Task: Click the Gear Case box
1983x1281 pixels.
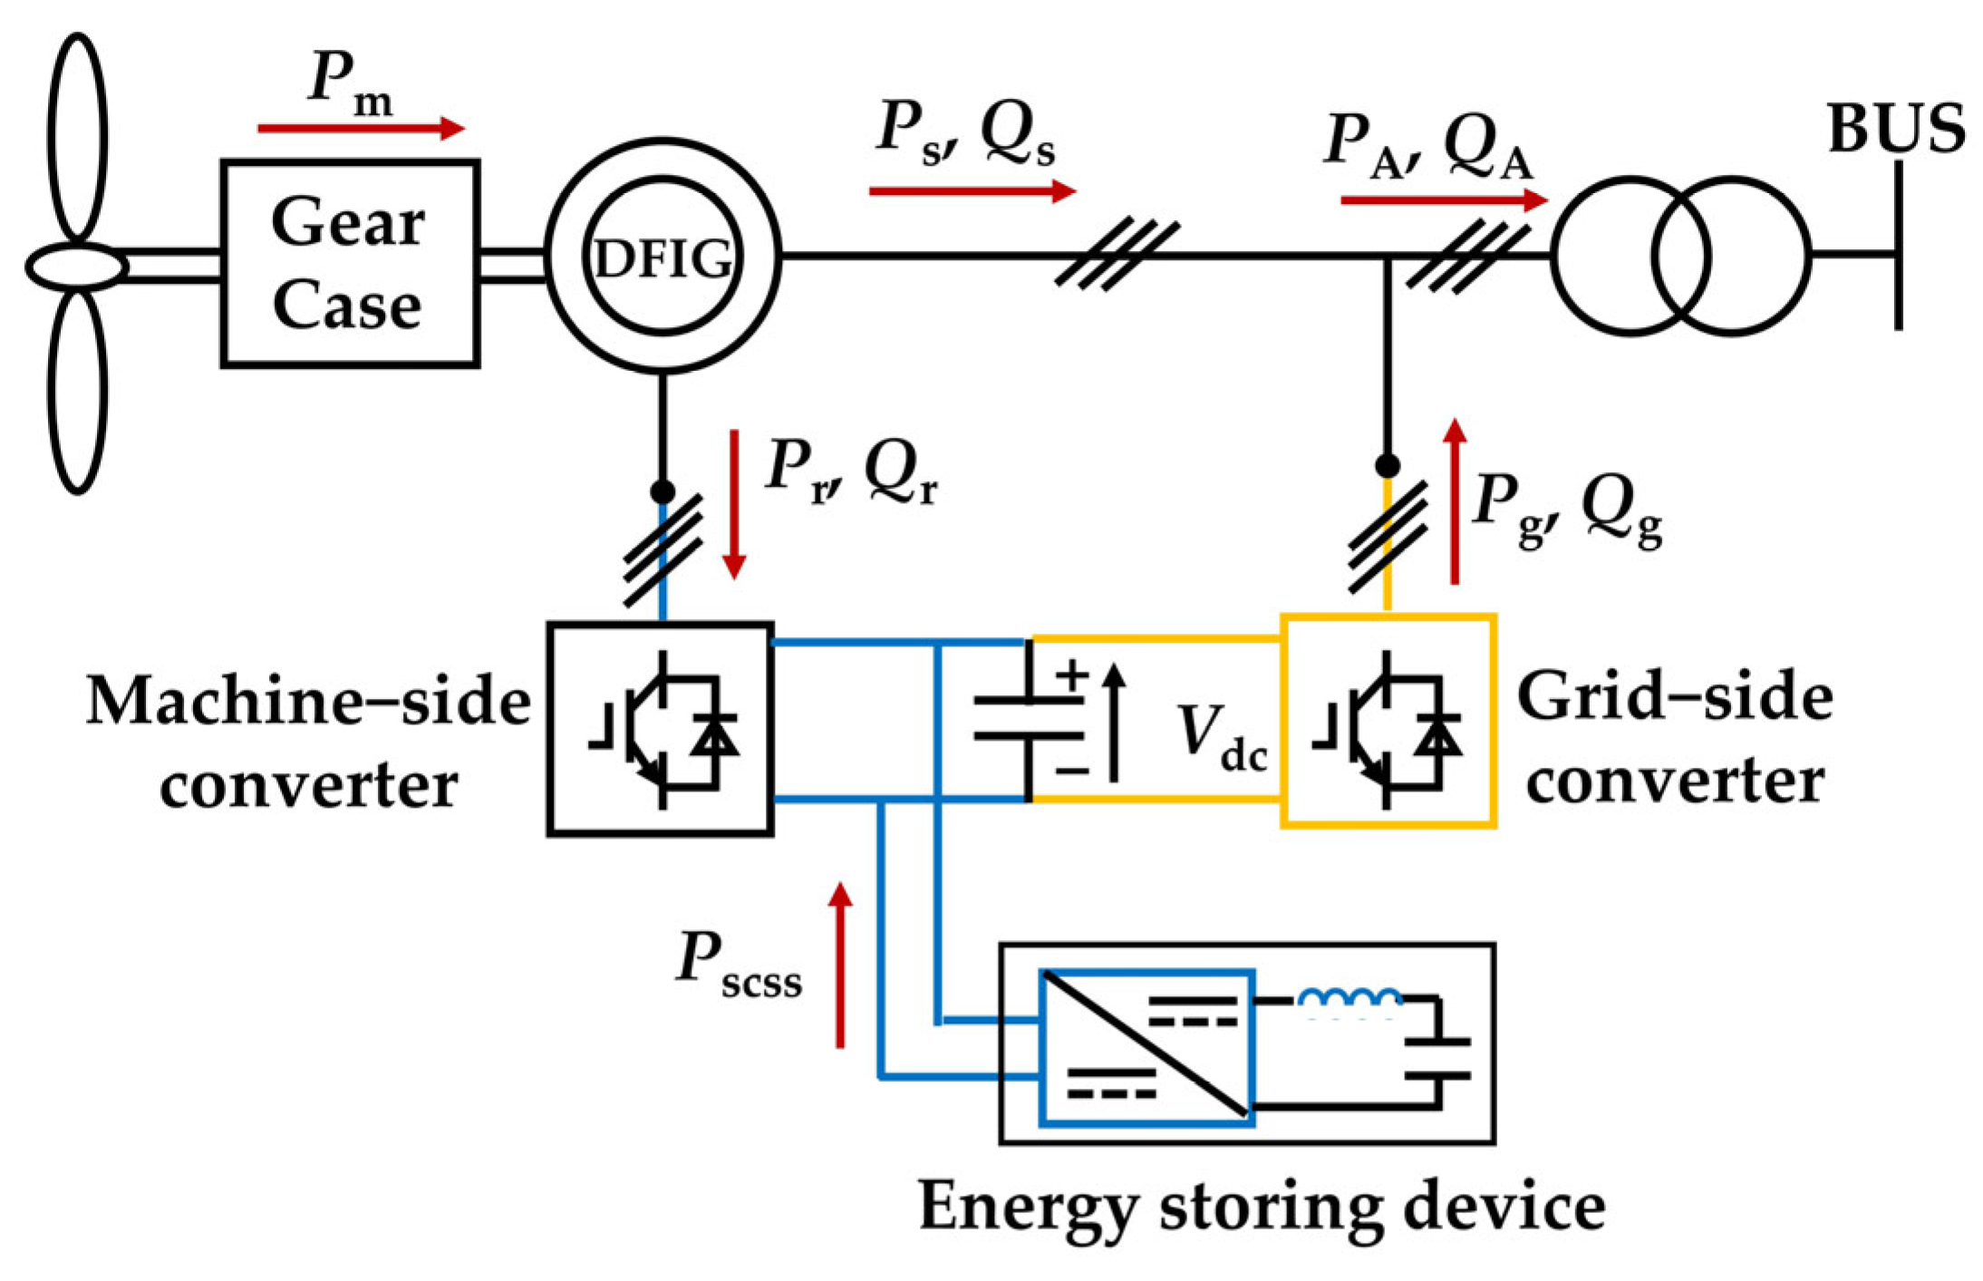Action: click(x=350, y=263)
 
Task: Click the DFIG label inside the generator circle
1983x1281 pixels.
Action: click(x=663, y=259)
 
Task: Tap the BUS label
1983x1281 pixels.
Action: click(x=1896, y=129)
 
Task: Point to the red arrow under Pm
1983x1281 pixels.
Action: click(x=361, y=129)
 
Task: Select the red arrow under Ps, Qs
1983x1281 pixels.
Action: click(x=972, y=191)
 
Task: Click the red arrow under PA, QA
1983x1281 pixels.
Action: click(x=1444, y=199)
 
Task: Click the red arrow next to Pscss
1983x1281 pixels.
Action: click(x=840, y=965)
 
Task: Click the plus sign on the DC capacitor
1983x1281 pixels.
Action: click(x=1072, y=675)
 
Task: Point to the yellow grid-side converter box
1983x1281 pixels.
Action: click(x=1388, y=721)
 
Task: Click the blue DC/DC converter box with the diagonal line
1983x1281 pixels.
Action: click(x=1146, y=1046)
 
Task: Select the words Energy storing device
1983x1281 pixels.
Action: click(x=1261, y=1207)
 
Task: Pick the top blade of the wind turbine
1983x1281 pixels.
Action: click(x=77, y=136)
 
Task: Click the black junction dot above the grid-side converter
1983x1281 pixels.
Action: click(x=1387, y=466)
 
